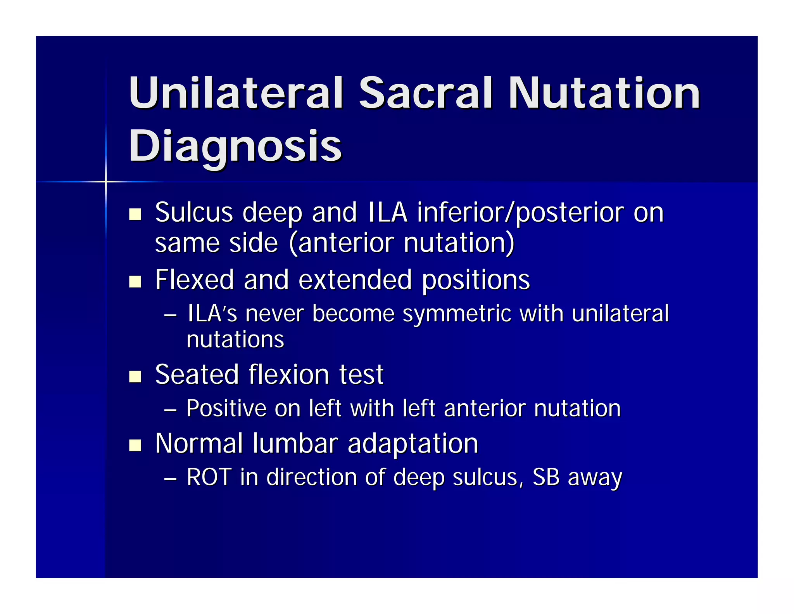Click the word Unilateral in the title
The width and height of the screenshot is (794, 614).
coord(236,93)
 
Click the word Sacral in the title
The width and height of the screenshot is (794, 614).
coord(425,93)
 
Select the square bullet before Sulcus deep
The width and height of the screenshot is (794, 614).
coord(135,214)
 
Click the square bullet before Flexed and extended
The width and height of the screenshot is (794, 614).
coord(135,281)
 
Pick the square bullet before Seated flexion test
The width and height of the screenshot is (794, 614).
coord(135,376)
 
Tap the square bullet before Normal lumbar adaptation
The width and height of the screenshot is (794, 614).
coord(135,445)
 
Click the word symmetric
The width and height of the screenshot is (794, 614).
coord(457,314)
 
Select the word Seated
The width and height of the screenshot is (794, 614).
coord(197,375)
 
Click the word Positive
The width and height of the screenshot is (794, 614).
coord(226,409)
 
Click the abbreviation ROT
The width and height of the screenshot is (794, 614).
coord(209,477)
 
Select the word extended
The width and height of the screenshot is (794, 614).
coord(355,280)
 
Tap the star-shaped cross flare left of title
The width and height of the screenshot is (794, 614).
coord(105,181)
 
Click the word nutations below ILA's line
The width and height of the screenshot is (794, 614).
coord(235,340)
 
